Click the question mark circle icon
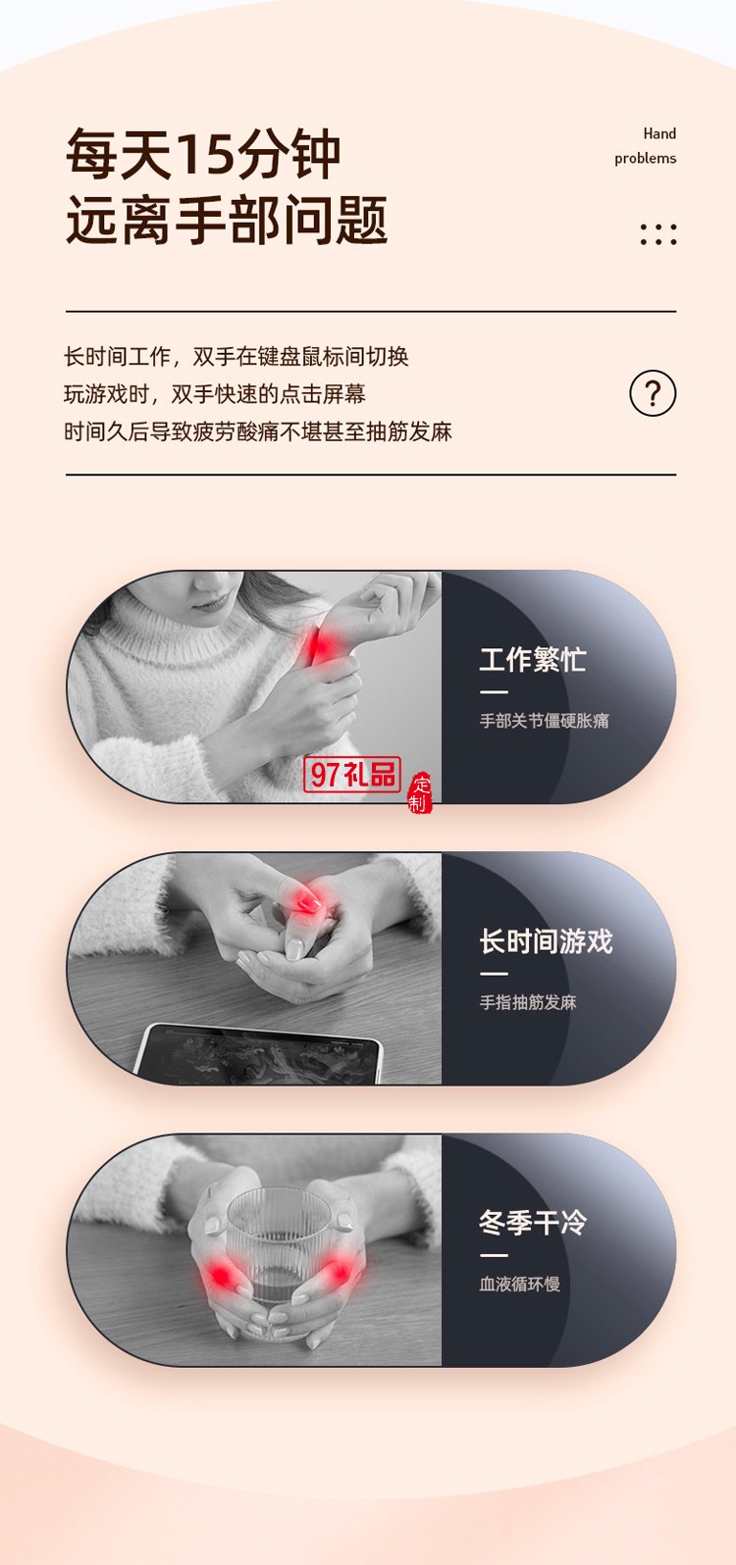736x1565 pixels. point(653,393)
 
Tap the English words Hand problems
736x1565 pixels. point(646,146)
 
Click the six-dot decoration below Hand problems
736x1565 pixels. point(657,233)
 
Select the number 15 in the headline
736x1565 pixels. point(203,155)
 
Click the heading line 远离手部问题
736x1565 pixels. point(227,220)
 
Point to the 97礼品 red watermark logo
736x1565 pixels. point(352,775)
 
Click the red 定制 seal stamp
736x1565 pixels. point(420,793)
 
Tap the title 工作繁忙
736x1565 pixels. point(532,659)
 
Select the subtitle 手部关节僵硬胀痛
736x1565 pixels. point(544,721)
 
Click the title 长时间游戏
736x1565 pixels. point(546,941)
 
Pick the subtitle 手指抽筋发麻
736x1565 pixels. point(528,1002)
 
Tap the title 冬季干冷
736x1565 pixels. point(532,1223)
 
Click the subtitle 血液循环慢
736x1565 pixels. point(519,1284)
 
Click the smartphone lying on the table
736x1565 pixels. point(260,1054)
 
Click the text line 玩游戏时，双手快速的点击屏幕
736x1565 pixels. point(214,394)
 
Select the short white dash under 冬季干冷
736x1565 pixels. point(494,1255)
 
